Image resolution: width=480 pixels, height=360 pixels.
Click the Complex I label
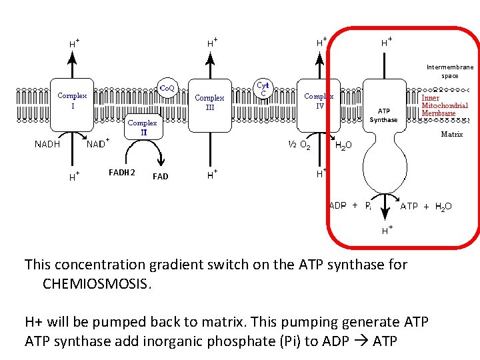(x=72, y=101)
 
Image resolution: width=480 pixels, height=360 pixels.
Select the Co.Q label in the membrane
(x=167, y=87)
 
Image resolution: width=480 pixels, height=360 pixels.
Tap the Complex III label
(x=209, y=103)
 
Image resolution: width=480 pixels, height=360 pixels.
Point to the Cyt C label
(x=263, y=89)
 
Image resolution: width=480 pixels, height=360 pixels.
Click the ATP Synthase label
(x=383, y=115)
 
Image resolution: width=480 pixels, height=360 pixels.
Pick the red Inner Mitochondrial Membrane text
(x=445, y=105)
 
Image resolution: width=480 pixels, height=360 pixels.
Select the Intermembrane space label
(x=450, y=71)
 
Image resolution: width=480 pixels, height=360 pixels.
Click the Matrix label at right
(x=451, y=134)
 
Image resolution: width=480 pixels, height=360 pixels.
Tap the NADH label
(x=47, y=143)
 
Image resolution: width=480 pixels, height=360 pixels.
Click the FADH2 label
(x=122, y=173)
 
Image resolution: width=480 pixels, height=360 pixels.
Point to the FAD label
(x=160, y=177)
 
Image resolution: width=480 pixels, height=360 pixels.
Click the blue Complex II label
(x=142, y=127)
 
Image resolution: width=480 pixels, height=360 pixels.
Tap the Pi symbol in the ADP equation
(x=368, y=207)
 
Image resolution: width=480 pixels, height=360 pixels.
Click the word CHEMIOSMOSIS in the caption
(x=96, y=284)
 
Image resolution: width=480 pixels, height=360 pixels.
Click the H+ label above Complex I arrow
(x=74, y=43)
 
